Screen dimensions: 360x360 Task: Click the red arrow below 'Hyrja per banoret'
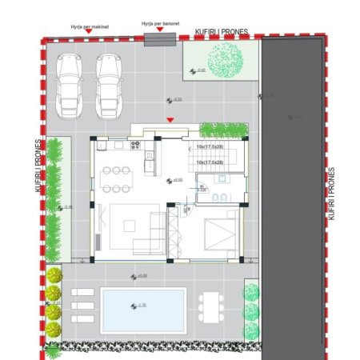tap(159, 31)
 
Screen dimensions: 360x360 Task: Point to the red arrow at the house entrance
tap(169, 121)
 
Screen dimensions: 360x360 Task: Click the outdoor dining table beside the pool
tap(210, 306)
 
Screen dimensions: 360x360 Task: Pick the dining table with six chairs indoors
tap(117, 178)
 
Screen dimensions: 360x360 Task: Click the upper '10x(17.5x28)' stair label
tap(210, 147)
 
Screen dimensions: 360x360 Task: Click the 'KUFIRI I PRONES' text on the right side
tap(330, 192)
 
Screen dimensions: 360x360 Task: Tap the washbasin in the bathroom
tap(226, 194)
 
